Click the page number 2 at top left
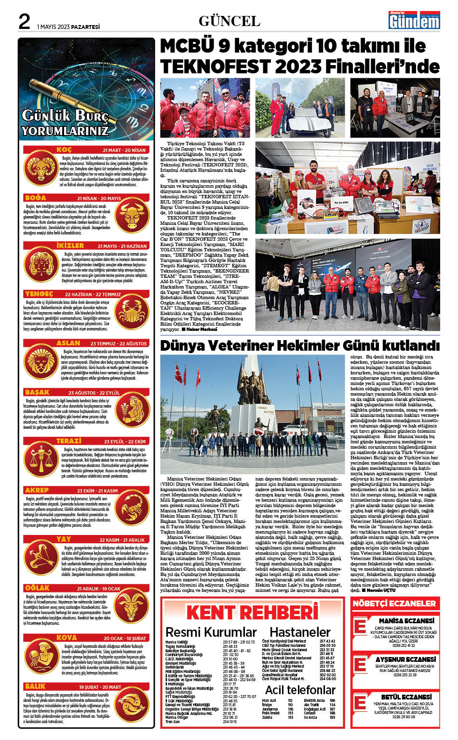(24, 22)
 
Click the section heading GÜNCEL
(229, 21)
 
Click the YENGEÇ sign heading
(39, 294)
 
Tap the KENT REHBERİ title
(252, 612)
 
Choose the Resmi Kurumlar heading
(211, 632)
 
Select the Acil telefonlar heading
(300, 690)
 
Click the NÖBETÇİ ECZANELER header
(394, 603)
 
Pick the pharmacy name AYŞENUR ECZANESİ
(405, 659)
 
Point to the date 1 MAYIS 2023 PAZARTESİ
(68, 27)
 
